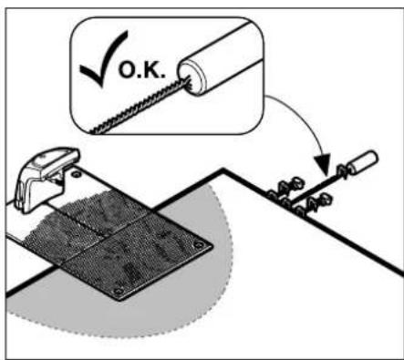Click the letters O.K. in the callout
142,71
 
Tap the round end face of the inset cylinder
192,77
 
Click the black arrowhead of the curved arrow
323,165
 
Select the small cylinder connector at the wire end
363,162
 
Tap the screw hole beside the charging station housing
76,174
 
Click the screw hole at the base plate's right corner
199,244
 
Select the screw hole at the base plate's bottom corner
117,292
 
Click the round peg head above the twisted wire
297,182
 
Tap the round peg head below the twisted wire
326,200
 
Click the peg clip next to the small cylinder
342,171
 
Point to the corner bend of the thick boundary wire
223,170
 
